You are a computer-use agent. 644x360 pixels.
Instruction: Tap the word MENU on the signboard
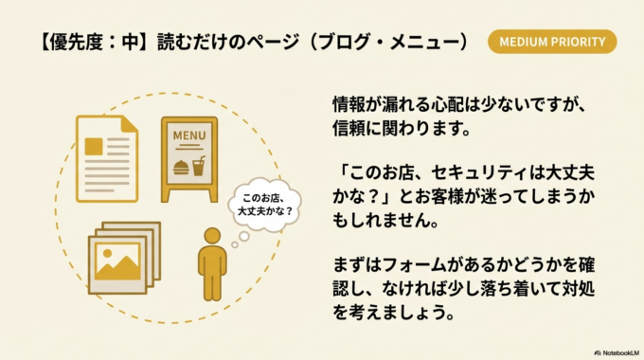tap(188, 135)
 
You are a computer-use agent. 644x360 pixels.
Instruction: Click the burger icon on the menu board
tap(180, 168)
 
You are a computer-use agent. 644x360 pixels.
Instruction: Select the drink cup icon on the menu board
tap(199, 167)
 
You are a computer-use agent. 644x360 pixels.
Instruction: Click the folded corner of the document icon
tap(128, 121)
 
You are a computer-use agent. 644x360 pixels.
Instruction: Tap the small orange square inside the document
tap(94, 147)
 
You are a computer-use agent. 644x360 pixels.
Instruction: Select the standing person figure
tap(213, 264)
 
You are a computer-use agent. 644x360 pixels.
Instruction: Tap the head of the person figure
tap(213, 236)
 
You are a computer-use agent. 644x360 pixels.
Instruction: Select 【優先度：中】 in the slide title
tap(80, 42)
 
